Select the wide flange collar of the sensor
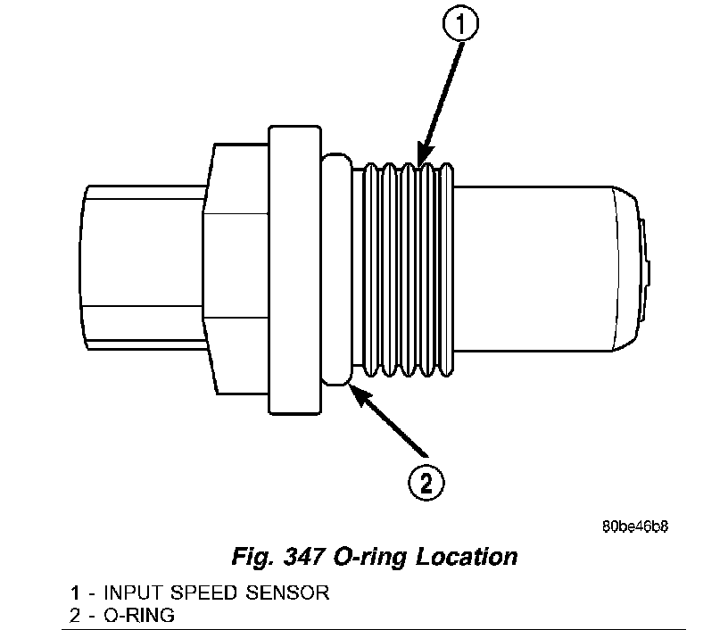pos(294,269)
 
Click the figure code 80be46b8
pos(635,526)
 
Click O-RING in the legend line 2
pos(140,614)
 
